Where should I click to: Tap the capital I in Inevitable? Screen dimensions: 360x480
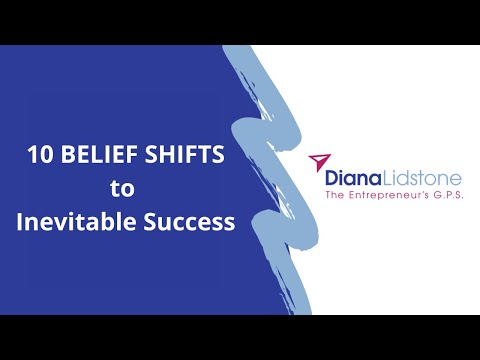[x=20, y=221]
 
